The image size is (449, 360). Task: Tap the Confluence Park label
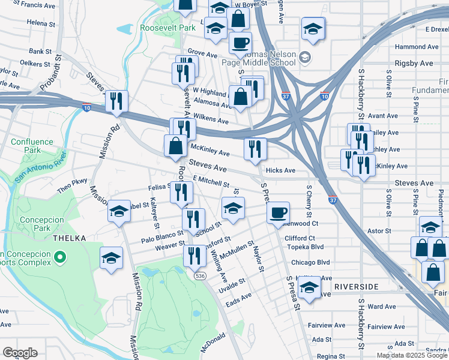pos(32,146)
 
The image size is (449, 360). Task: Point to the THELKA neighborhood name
pos(69,238)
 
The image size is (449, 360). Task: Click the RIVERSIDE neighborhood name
pos(357,287)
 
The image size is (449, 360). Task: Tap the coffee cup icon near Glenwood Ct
pos(278,212)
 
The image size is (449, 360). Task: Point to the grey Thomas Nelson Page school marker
pos(304,58)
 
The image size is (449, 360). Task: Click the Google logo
pos(20,353)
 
